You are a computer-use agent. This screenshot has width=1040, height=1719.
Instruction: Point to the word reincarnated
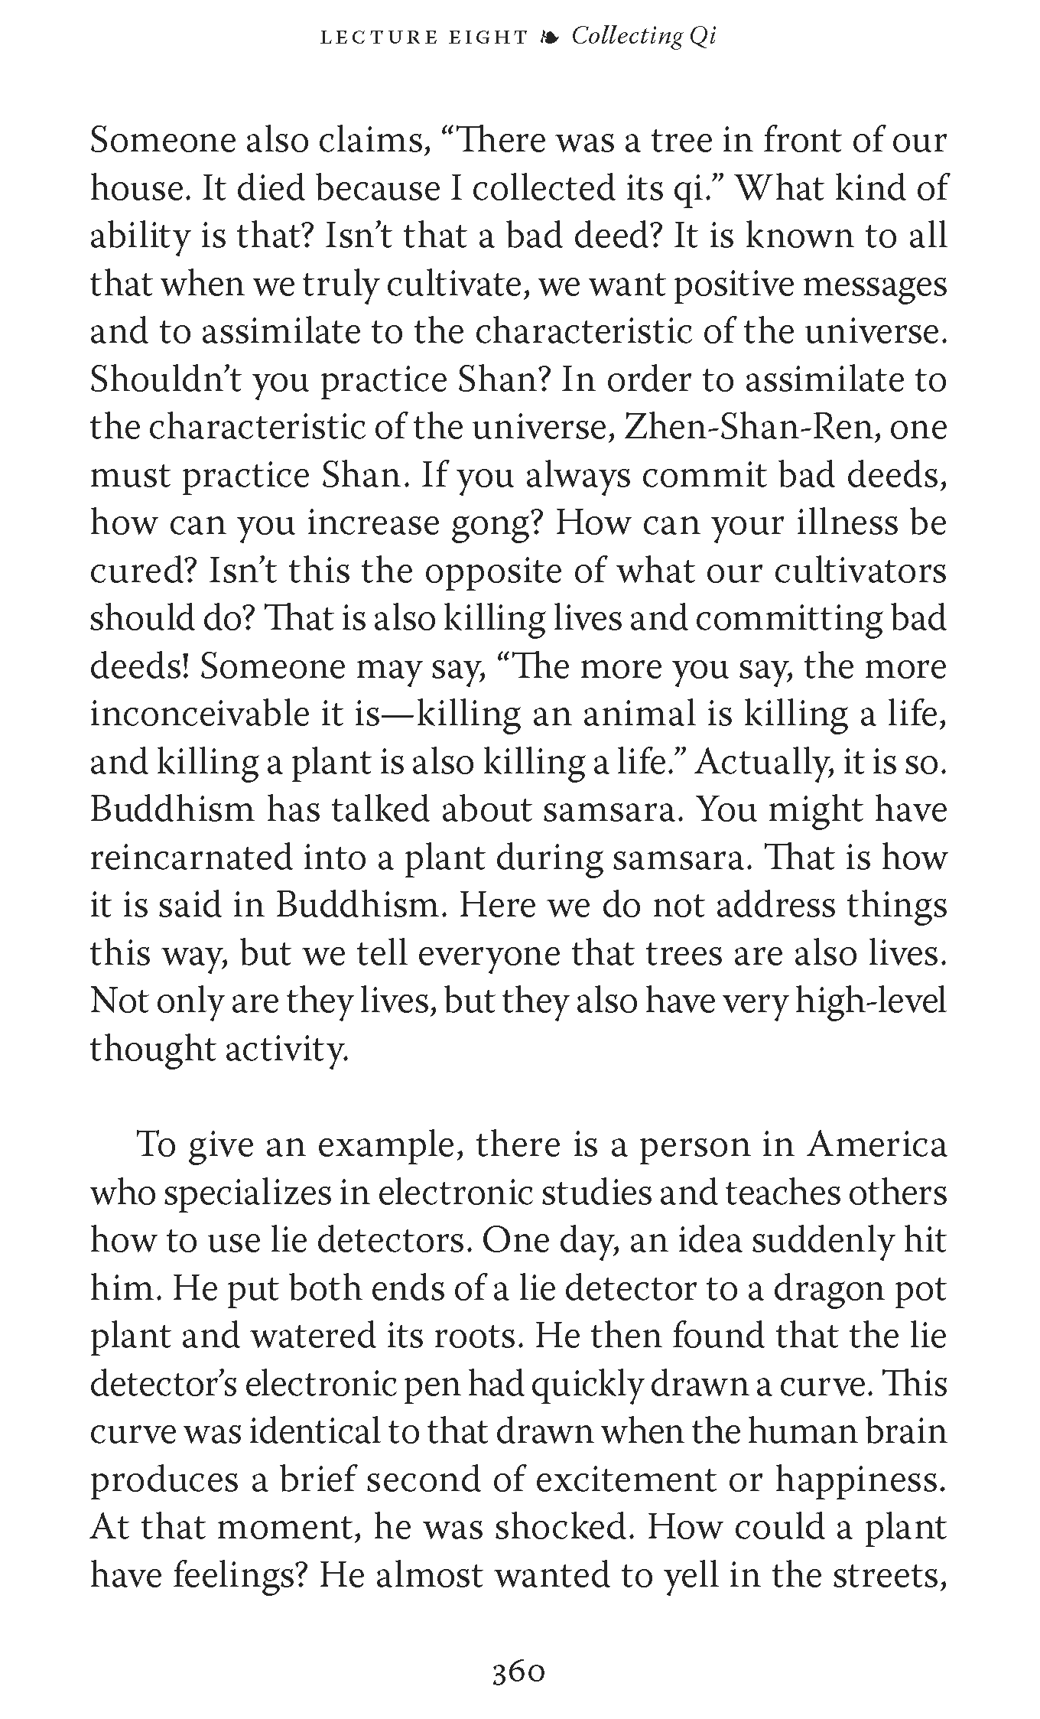point(191,858)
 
